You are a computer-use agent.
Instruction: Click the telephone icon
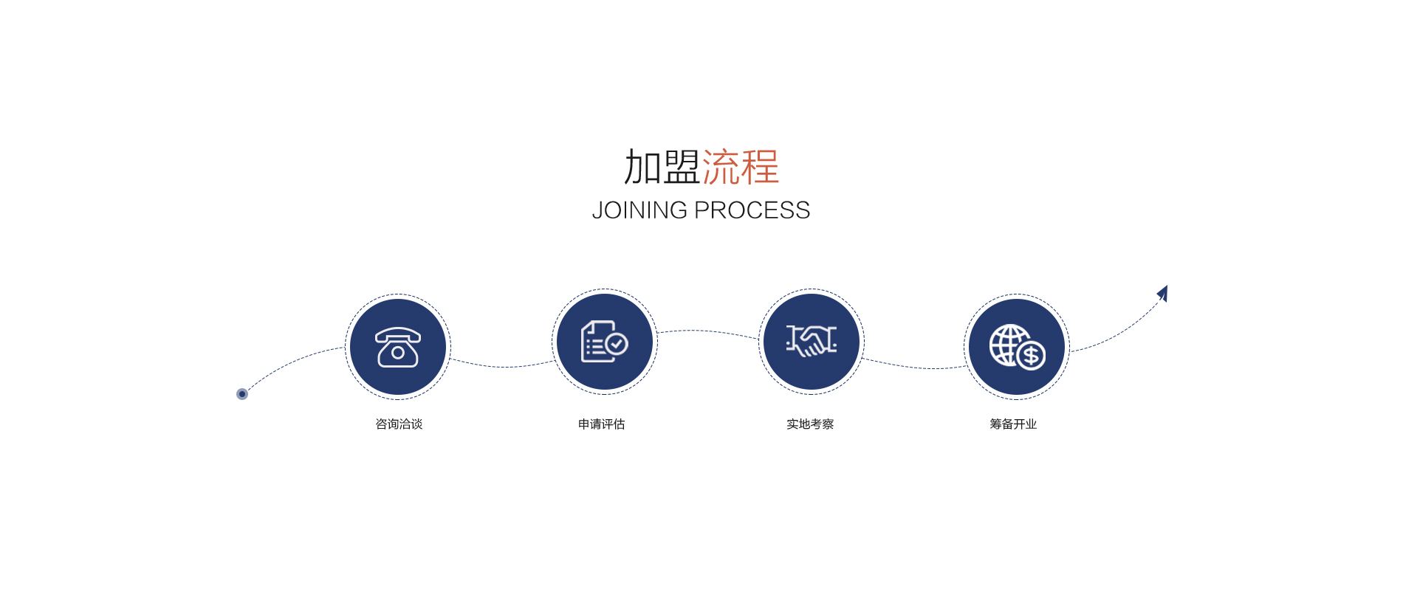[x=398, y=347]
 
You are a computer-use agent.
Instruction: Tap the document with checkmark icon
[x=605, y=342]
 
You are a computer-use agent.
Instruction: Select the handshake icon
[x=812, y=341]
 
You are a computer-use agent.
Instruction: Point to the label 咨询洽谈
[x=399, y=424]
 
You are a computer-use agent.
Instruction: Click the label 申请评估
[x=602, y=424]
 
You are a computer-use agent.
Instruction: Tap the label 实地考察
[x=810, y=424]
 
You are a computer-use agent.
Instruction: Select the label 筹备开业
[x=1014, y=424]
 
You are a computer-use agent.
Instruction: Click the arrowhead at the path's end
[x=1163, y=293]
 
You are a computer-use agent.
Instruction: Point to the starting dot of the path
[x=242, y=394]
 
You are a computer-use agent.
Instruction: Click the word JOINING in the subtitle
[x=639, y=210]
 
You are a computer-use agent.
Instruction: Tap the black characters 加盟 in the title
[x=662, y=167]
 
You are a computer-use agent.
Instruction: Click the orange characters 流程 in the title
[x=741, y=167]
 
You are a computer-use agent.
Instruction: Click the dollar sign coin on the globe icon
[x=1031, y=356]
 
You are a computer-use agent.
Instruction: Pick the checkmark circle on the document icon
[x=617, y=344]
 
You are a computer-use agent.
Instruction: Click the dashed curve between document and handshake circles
[x=708, y=332]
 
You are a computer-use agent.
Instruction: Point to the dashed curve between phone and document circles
[x=502, y=366]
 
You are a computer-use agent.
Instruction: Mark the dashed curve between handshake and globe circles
[x=914, y=366]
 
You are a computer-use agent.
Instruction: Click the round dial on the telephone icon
[x=398, y=353]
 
